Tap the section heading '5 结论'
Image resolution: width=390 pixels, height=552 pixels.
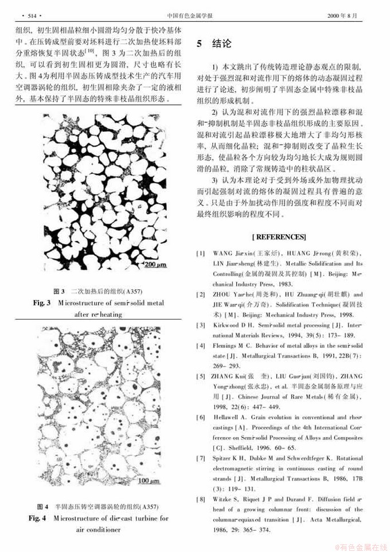[x=214, y=44]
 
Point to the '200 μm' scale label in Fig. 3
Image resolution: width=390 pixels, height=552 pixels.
[x=156, y=265]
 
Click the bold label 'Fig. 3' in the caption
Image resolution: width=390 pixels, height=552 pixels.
[x=42, y=302]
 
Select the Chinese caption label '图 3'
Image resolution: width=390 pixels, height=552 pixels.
[x=59, y=291]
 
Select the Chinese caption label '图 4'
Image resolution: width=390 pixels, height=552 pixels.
[x=43, y=507]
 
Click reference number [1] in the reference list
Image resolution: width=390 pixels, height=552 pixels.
[x=200, y=253]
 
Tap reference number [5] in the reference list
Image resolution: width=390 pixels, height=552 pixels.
[x=200, y=376]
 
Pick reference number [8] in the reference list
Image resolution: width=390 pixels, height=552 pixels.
[x=200, y=500]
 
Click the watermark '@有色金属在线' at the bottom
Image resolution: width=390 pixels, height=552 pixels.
[x=360, y=546]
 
